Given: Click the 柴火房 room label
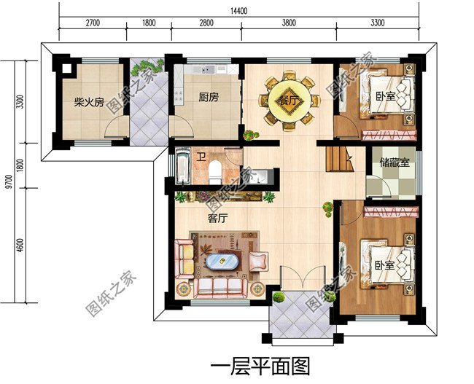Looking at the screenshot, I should coord(88,103).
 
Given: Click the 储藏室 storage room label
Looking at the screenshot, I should coord(395,162).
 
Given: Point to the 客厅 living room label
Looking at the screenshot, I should coord(218,216).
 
